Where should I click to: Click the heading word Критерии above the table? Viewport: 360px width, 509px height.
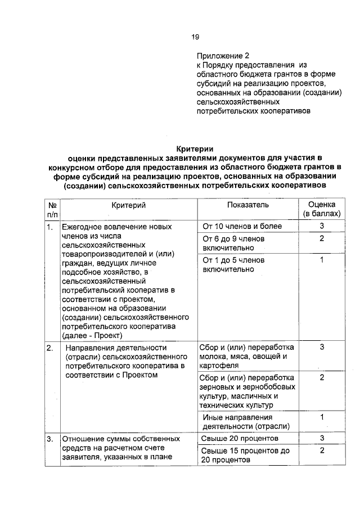click(193, 148)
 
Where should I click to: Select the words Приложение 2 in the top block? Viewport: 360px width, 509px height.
click(222, 56)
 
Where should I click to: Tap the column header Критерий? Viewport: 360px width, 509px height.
click(128, 206)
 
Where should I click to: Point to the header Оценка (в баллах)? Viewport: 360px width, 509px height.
click(322, 210)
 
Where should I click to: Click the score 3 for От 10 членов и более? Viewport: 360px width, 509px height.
click(322, 226)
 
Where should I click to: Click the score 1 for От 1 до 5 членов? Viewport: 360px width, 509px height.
click(322, 260)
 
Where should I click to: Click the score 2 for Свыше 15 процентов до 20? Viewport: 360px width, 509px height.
click(322, 451)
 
